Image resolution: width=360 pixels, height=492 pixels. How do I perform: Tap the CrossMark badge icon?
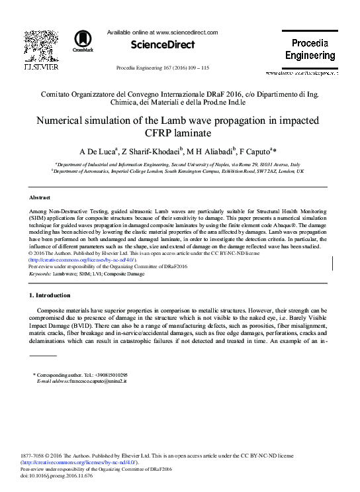coord(83,40)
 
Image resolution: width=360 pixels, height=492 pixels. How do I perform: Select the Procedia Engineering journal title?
coord(309,50)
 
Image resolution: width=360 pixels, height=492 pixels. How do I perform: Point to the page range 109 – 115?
coord(199,68)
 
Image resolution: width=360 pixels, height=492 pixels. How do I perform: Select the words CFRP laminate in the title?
coord(180,134)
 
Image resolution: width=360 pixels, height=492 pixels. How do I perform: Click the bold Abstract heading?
coord(40,198)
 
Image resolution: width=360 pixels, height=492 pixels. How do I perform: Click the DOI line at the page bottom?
coord(57,475)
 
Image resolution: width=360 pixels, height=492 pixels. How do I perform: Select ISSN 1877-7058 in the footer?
coord(34,456)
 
